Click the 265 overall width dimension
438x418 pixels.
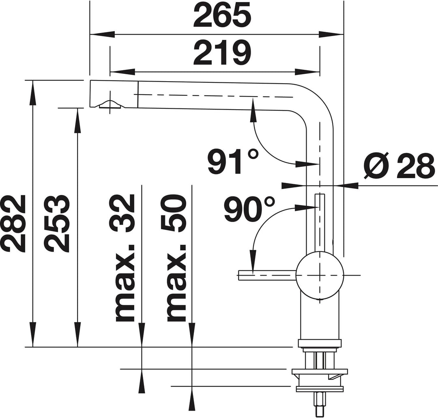pyautogui.click(x=222, y=15)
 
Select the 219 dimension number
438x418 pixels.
pyautogui.click(x=222, y=53)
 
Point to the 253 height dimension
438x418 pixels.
pyautogui.click(x=57, y=223)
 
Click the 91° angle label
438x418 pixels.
pyautogui.click(x=233, y=162)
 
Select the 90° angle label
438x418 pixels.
pyautogui.click(x=249, y=208)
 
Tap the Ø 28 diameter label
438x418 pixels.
pyautogui.click(x=400, y=166)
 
